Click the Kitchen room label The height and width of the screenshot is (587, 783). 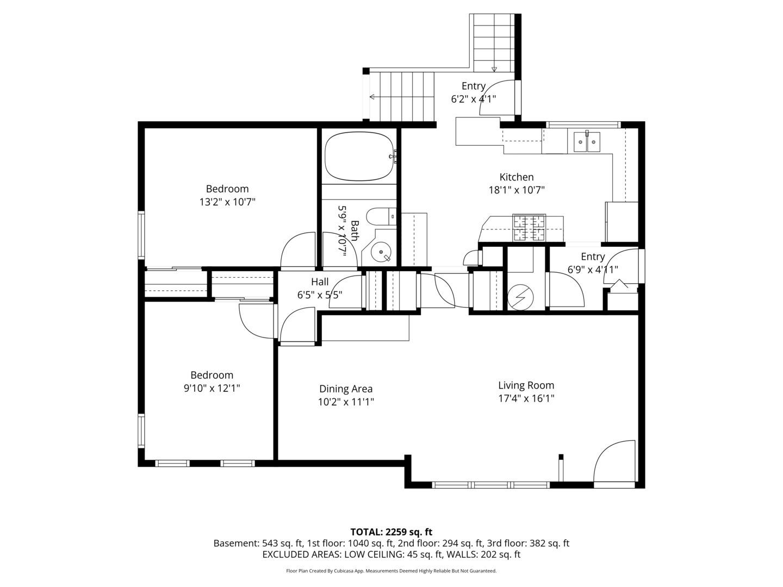coord(516,177)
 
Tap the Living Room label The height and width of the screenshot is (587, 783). coord(526,385)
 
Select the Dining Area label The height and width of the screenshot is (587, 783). coord(346,389)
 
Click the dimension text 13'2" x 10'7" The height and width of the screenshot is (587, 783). coord(227,202)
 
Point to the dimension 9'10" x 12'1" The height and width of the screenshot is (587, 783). coord(212,388)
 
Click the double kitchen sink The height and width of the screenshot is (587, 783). coord(587,142)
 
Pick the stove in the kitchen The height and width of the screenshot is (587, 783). coord(529,228)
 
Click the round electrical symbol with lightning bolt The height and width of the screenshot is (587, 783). coord(520,297)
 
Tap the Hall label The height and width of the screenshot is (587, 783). coord(320,282)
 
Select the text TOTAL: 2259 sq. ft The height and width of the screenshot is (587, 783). coord(391,532)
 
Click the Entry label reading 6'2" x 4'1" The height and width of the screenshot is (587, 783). coord(473,99)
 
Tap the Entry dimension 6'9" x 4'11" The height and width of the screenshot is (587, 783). coord(593,269)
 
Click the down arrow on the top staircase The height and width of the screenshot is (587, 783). coord(494,69)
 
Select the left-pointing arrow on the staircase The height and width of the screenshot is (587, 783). coord(372,97)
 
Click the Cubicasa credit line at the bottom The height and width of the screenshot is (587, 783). coord(391,571)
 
